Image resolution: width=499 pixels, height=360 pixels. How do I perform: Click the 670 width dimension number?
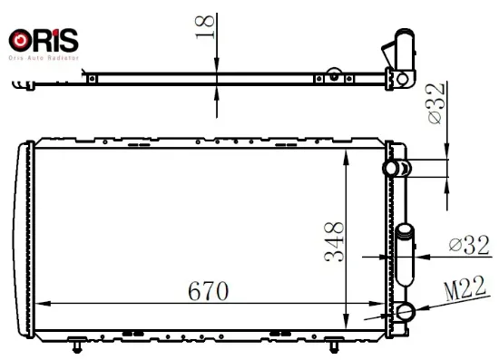click(208, 291)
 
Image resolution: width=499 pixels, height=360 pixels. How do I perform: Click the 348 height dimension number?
click(334, 242)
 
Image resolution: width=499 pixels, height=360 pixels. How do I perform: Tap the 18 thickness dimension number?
click(205, 27)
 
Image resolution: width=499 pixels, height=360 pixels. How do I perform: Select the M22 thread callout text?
click(465, 288)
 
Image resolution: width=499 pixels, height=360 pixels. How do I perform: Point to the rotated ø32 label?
click(435, 103)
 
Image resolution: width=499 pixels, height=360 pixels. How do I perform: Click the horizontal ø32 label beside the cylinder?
click(469, 245)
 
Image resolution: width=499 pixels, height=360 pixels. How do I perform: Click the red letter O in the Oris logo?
click(20, 41)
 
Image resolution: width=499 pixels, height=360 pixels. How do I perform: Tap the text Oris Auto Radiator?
click(44, 58)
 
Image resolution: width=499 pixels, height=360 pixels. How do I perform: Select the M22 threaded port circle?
click(406, 311)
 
